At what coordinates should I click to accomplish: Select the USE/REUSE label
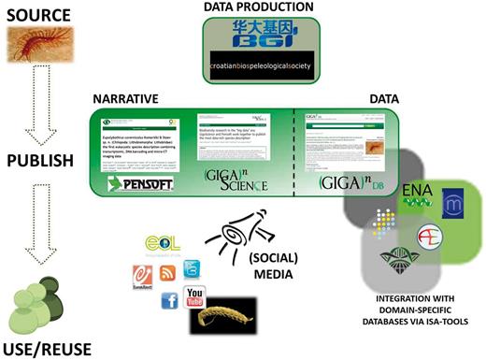point(40,346)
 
